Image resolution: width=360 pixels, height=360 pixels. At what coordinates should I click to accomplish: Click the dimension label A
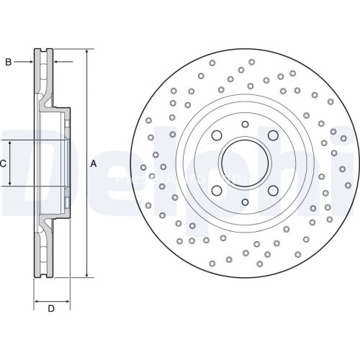(93, 164)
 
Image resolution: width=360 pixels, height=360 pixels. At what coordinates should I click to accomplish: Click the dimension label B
(9, 63)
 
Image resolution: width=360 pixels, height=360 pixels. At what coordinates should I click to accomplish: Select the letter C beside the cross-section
(3, 163)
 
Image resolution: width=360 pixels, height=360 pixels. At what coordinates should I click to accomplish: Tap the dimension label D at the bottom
(51, 310)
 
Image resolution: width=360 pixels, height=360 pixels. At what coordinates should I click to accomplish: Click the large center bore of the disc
(245, 163)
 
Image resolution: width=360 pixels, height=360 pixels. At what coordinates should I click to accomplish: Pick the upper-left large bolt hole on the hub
(216, 135)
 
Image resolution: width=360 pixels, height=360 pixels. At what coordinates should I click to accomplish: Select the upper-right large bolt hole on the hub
(273, 135)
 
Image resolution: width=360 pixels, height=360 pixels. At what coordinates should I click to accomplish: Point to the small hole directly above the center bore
(245, 125)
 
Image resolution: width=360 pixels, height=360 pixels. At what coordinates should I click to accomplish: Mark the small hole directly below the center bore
(245, 203)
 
